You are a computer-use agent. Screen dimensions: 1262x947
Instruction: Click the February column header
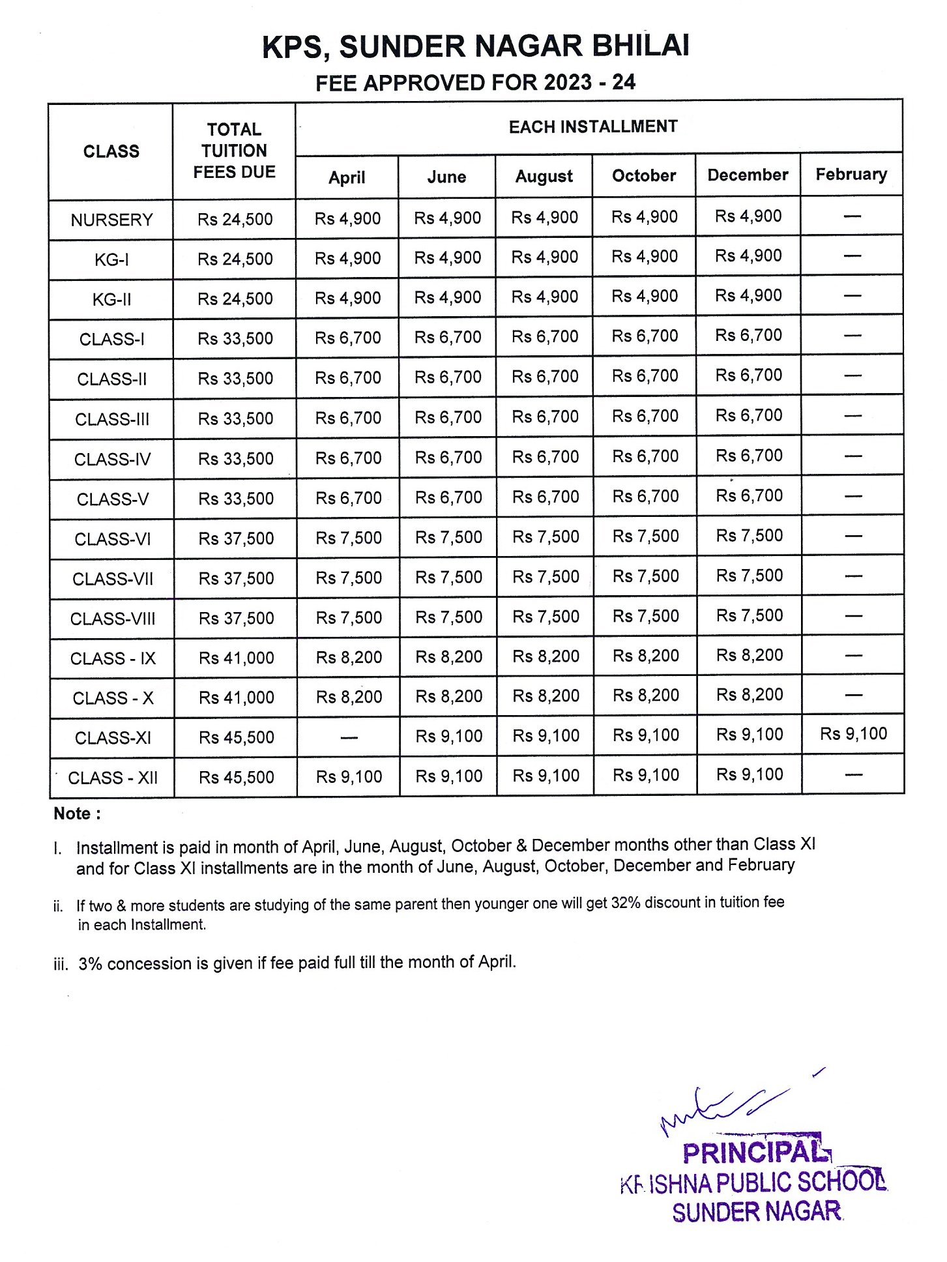click(851, 174)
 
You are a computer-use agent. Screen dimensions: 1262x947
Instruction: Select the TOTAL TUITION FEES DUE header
click(234, 151)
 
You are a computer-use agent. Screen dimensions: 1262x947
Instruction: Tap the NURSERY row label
click(111, 220)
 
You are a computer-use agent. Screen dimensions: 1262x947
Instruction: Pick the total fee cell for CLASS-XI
click(236, 737)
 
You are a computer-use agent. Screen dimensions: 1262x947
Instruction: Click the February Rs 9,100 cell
click(853, 734)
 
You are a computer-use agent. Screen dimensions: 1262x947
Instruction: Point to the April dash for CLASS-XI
click(349, 738)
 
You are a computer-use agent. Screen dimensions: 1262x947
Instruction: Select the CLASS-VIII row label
click(113, 619)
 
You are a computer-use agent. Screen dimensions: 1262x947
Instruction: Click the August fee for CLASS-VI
click(546, 537)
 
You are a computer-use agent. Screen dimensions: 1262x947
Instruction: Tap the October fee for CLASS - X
click(645, 696)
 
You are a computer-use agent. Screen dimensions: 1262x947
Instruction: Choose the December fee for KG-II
click(748, 295)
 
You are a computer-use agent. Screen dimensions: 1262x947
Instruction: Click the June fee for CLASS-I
click(448, 337)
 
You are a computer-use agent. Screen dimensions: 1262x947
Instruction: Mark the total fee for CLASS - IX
click(236, 658)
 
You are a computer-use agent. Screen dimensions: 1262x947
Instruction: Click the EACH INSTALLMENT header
click(593, 126)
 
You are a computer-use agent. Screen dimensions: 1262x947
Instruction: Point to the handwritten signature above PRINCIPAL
click(723, 1108)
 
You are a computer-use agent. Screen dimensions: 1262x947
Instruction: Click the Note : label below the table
click(77, 814)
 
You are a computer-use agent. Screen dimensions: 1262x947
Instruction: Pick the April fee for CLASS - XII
click(349, 776)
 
